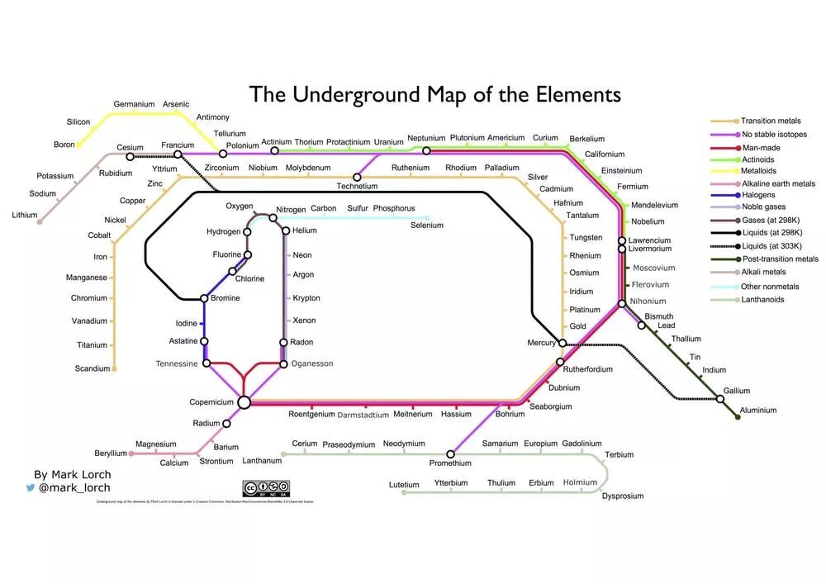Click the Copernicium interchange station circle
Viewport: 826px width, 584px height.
[x=244, y=402]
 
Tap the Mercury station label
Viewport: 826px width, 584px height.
[x=541, y=343]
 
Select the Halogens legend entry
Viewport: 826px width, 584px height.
[x=758, y=195]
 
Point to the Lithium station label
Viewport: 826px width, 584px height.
[x=25, y=215]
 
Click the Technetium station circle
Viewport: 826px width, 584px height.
[x=358, y=177]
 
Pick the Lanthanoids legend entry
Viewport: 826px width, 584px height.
[x=762, y=300]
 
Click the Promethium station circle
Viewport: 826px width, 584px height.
[x=451, y=453]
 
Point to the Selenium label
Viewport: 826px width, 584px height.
[x=427, y=226]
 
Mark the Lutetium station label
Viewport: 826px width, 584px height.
[x=405, y=483]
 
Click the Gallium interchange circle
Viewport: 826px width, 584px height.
[x=720, y=399]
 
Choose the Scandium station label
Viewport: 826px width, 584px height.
[x=92, y=368]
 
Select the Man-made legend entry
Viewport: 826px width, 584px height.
[x=761, y=147]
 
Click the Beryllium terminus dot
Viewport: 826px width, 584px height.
[x=131, y=453]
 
